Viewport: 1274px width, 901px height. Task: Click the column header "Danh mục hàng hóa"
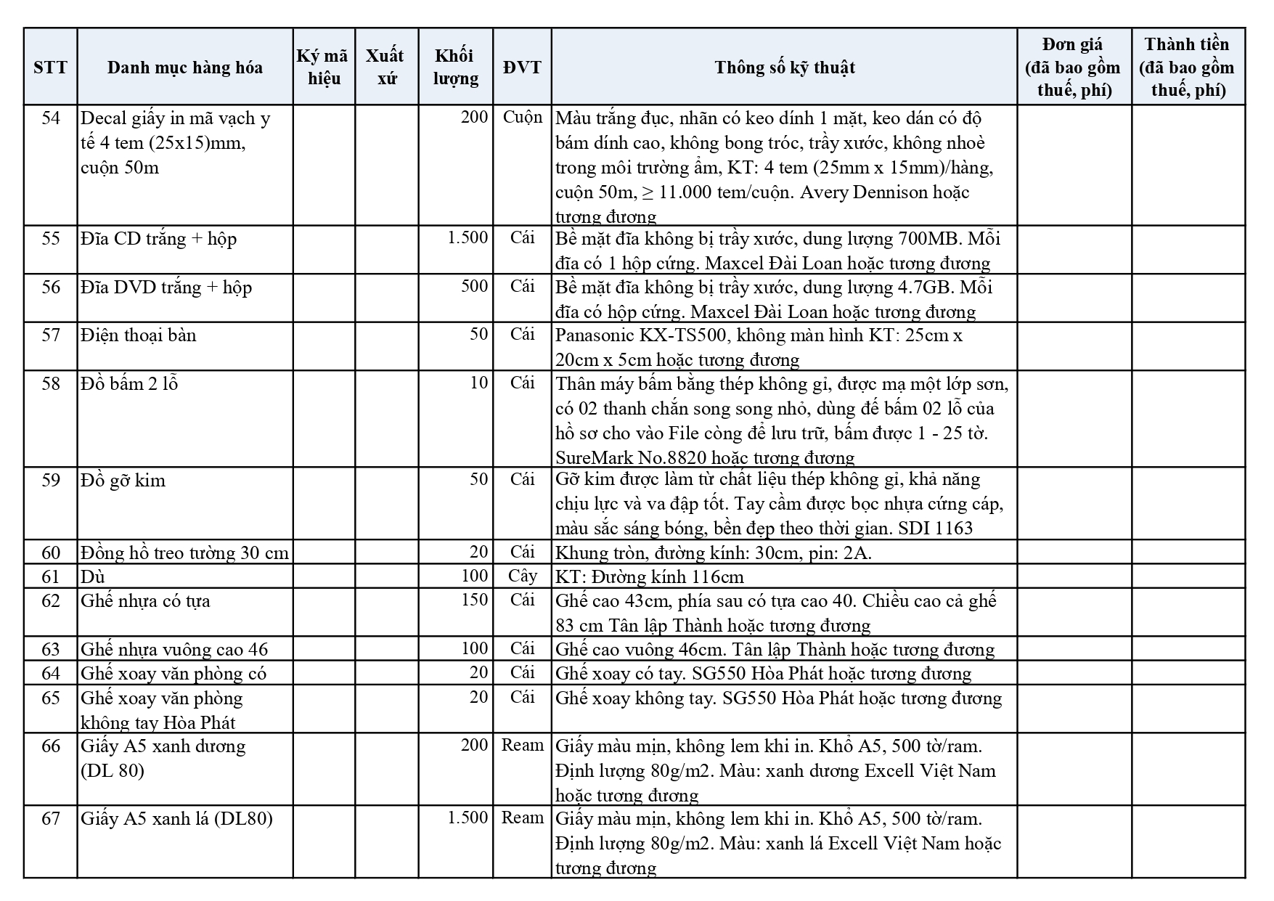pyautogui.click(x=184, y=68)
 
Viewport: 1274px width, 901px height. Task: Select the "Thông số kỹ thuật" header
pyautogui.click(x=784, y=68)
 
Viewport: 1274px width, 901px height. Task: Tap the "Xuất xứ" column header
pyautogui.click(x=385, y=67)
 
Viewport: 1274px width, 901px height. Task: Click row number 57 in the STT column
pyautogui.click(x=50, y=335)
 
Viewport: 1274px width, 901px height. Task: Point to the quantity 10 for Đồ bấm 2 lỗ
pyautogui.click(x=478, y=383)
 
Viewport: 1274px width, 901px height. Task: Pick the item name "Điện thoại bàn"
pyautogui.click(x=138, y=335)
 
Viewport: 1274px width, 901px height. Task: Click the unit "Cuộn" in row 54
pyautogui.click(x=522, y=118)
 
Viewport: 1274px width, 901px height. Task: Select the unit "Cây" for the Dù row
pyautogui.click(x=522, y=576)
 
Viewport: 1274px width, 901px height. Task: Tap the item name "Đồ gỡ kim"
pyautogui.click(x=123, y=480)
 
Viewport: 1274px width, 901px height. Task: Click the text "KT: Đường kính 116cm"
pyautogui.click(x=649, y=576)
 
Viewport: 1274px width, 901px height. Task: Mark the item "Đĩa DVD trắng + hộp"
pyautogui.click(x=166, y=287)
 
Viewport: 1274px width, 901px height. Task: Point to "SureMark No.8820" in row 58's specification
pyautogui.click(x=630, y=457)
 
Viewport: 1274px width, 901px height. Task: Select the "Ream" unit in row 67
pyautogui.click(x=522, y=818)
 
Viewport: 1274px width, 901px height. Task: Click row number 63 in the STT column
pyautogui.click(x=50, y=648)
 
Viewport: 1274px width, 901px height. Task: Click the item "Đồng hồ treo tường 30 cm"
pyautogui.click(x=184, y=553)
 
